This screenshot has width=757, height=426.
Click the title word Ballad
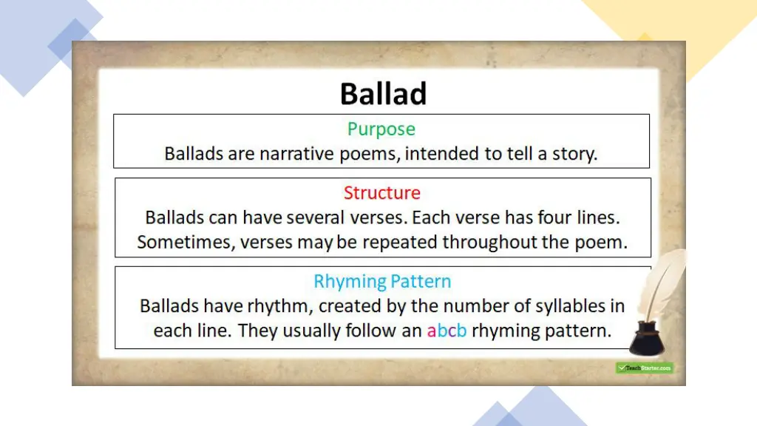[383, 95]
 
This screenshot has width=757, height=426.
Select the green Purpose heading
[381, 129]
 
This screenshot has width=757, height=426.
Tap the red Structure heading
[381, 193]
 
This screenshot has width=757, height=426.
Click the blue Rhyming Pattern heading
[382, 282]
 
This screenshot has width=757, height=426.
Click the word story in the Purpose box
[574, 155]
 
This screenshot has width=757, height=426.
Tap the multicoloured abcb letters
[447, 331]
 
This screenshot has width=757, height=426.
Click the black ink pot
[645, 339]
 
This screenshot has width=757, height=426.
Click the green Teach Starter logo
[644, 368]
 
